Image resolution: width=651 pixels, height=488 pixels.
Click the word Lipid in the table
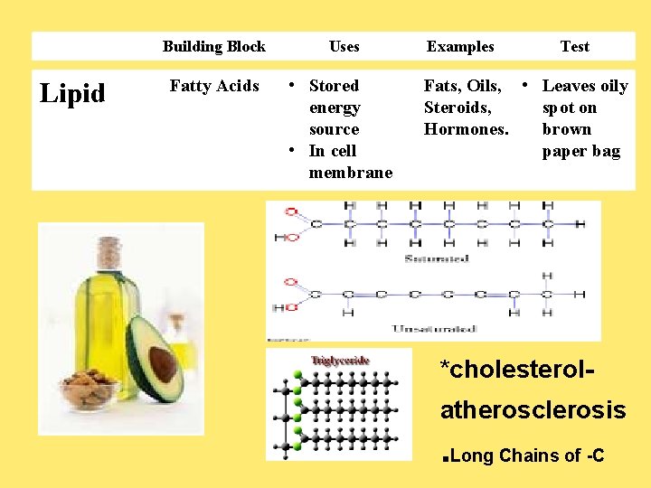click(x=73, y=93)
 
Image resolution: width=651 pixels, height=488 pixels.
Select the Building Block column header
click(x=213, y=46)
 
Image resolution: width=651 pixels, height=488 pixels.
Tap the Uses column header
click(x=344, y=46)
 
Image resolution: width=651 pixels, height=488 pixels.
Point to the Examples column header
click(x=460, y=46)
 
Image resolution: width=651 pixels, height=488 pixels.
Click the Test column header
click(x=574, y=46)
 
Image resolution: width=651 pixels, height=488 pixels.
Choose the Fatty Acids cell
click(x=214, y=86)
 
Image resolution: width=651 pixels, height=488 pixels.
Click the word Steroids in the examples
click(x=458, y=108)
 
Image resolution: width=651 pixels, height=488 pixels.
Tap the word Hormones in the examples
click(x=466, y=129)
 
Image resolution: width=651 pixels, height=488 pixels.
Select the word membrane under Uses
click(x=351, y=173)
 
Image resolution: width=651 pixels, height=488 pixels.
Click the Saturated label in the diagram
click(x=439, y=258)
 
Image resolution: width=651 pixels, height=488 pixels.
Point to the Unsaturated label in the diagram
click(x=434, y=328)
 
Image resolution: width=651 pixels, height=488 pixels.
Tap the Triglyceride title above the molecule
click(x=340, y=361)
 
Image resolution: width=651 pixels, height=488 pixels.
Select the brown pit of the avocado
click(x=163, y=364)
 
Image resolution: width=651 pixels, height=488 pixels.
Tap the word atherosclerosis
click(x=533, y=410)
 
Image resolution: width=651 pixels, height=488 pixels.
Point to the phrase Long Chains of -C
click(x=526, y=455)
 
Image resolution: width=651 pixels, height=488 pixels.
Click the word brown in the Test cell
click(x=566, y=129)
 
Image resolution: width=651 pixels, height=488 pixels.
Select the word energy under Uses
click(x=335, y=108)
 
